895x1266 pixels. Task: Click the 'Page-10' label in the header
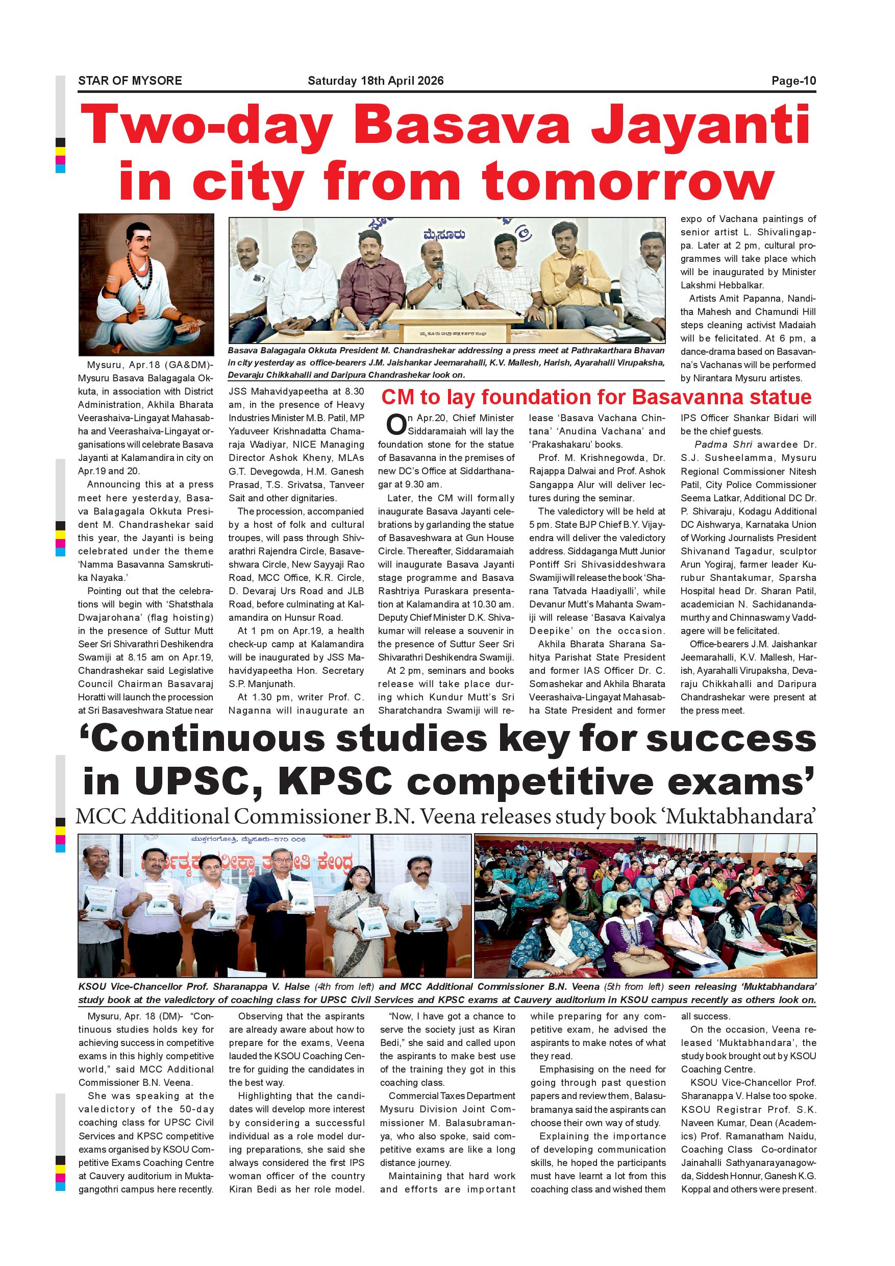click(793, 81)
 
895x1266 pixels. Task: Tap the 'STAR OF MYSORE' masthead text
click(130, 81)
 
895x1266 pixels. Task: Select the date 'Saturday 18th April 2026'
click(376, 81)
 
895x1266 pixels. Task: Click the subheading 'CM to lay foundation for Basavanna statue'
click(596, 397)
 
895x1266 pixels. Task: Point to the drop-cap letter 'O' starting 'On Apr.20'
click(395, 425)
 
